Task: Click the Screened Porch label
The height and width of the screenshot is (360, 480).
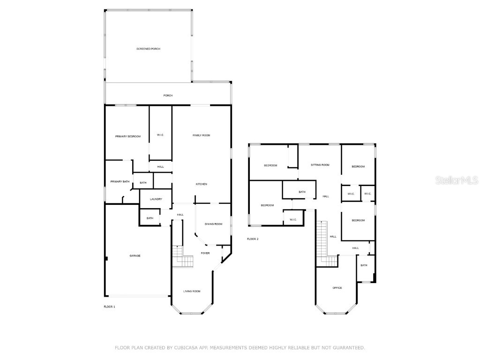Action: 148,49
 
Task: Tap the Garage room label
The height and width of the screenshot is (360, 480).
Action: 135,255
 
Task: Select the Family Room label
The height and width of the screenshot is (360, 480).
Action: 202,135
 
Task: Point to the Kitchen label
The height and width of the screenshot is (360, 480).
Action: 202,184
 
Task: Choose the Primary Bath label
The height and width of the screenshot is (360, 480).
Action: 120,181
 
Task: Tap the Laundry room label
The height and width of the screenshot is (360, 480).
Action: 156,199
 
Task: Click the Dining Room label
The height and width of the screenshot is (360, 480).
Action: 213,224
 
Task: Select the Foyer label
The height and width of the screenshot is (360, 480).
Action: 205,253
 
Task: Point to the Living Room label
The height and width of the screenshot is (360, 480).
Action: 192,291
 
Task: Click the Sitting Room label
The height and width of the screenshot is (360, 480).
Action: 320,165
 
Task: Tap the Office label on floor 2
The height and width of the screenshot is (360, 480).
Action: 337,288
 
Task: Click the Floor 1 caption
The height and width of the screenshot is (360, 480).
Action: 109,307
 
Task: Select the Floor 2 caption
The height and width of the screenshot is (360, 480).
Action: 253,239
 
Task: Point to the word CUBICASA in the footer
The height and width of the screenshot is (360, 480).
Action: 185,348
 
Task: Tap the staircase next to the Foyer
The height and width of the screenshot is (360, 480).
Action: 182,258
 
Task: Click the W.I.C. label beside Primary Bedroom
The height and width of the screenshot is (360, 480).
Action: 160,135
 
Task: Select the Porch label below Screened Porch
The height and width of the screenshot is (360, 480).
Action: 168,96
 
